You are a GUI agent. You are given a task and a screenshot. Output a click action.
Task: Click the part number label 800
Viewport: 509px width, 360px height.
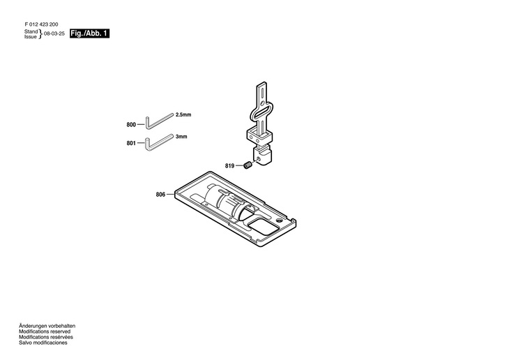coord(131,124)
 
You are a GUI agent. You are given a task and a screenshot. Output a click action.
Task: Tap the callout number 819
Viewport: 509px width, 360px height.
coord(229,165)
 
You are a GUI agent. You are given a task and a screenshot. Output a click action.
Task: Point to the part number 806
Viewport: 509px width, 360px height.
coord(160,195)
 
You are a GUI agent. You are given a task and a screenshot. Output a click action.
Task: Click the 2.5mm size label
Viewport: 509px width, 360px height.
coord(183,114)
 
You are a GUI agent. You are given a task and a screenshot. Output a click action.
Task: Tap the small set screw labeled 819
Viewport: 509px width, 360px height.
coord(248,165)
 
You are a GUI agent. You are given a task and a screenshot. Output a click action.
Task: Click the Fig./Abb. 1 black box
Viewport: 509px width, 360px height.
coord(91,33)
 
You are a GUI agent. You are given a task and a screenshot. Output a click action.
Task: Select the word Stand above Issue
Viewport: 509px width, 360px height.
coord(31,31)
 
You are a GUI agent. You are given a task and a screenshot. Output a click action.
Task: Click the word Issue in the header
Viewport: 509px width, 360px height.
coord(31,37)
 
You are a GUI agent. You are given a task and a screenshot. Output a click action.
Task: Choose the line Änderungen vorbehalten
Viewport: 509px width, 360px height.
coord(47,326)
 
